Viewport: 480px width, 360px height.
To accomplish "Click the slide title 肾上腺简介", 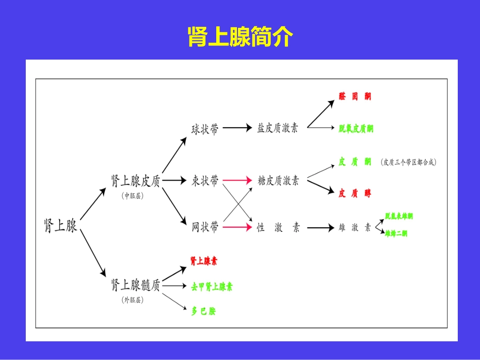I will (240, 36).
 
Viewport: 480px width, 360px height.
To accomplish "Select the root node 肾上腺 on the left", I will (61, 226).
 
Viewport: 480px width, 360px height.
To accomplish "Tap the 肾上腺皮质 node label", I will (135, 181).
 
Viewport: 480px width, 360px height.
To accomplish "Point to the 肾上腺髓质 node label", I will (135, 286).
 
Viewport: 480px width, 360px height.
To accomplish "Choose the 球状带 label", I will (205, 129).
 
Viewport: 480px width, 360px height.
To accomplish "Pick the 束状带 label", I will (205, 180).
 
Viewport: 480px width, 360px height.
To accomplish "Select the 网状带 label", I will (205, 227).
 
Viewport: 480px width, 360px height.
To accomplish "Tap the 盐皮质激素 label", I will (277, 128).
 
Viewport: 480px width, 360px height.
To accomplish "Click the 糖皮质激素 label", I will (278, 180).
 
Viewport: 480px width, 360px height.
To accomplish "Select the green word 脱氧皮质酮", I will (356, 129).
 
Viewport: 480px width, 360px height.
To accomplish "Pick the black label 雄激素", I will (354, 228).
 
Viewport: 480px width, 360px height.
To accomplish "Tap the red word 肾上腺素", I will (204, 261).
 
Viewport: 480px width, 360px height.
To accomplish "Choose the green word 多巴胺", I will (203, 312).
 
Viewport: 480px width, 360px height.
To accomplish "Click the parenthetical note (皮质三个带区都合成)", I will (409, 162).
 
